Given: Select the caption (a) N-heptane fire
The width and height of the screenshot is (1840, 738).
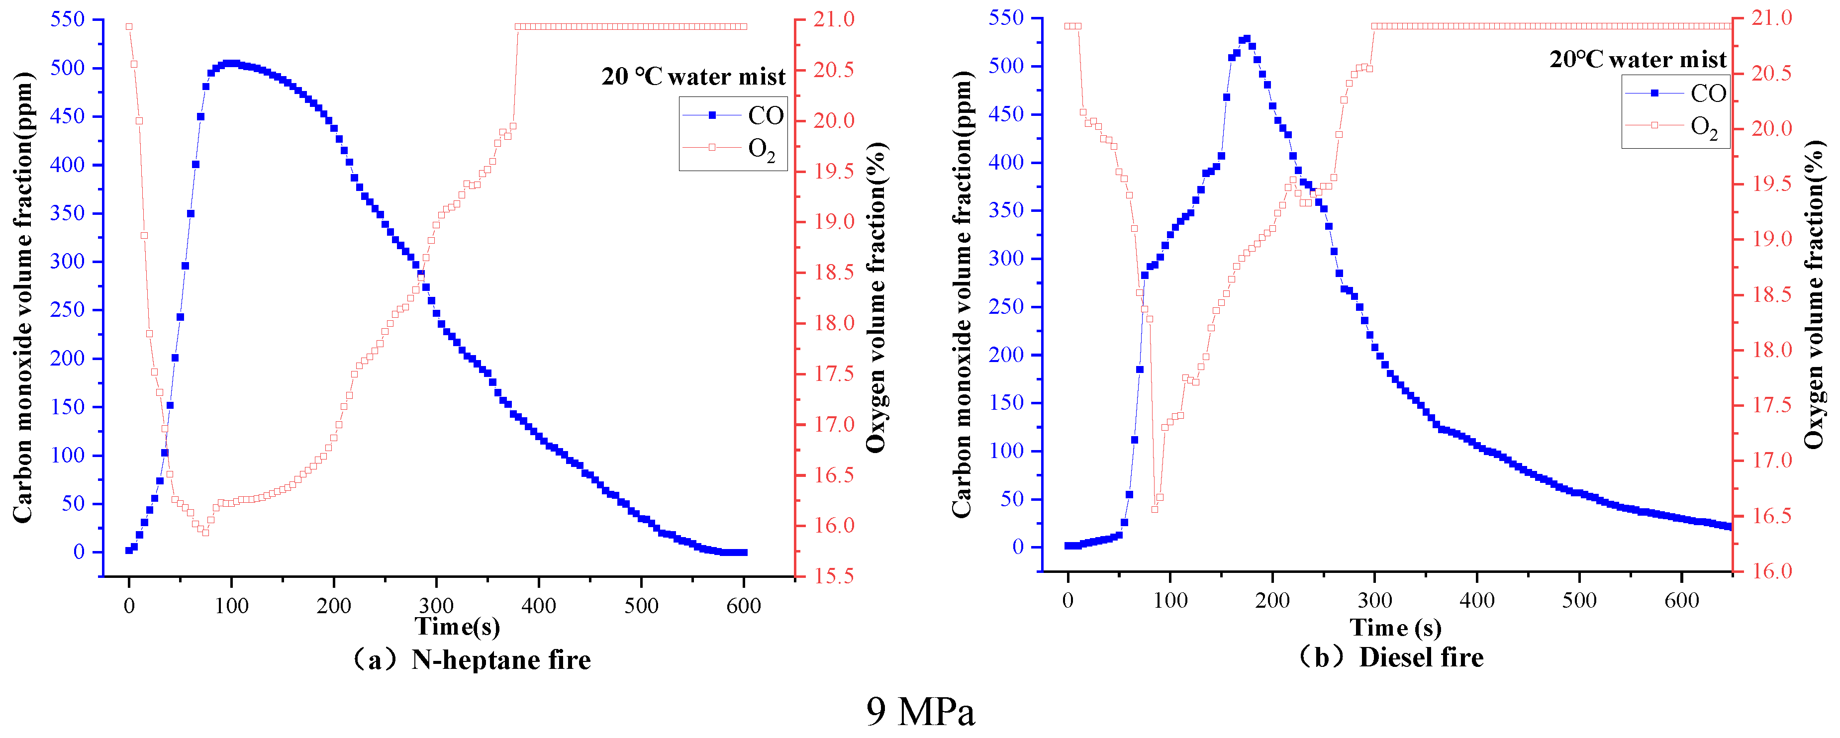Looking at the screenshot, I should pos(472,659).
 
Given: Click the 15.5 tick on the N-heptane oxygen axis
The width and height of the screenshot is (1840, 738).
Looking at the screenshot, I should pos(834,576).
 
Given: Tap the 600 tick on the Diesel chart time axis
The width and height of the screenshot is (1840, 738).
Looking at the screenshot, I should pos(1681,600).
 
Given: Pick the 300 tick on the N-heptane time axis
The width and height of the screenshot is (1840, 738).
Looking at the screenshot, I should pos(436,606).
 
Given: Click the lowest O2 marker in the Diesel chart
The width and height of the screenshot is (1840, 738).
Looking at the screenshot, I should pos(1154,509).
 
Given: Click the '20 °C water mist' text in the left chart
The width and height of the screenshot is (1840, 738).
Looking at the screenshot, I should pos(693,77).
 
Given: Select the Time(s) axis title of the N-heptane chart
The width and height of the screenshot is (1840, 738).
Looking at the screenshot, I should pos(457,627).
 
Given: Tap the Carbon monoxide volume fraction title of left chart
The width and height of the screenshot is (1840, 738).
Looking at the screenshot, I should pos(23,296).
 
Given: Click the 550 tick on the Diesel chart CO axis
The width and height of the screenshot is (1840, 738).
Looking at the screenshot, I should pos(1006,18).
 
